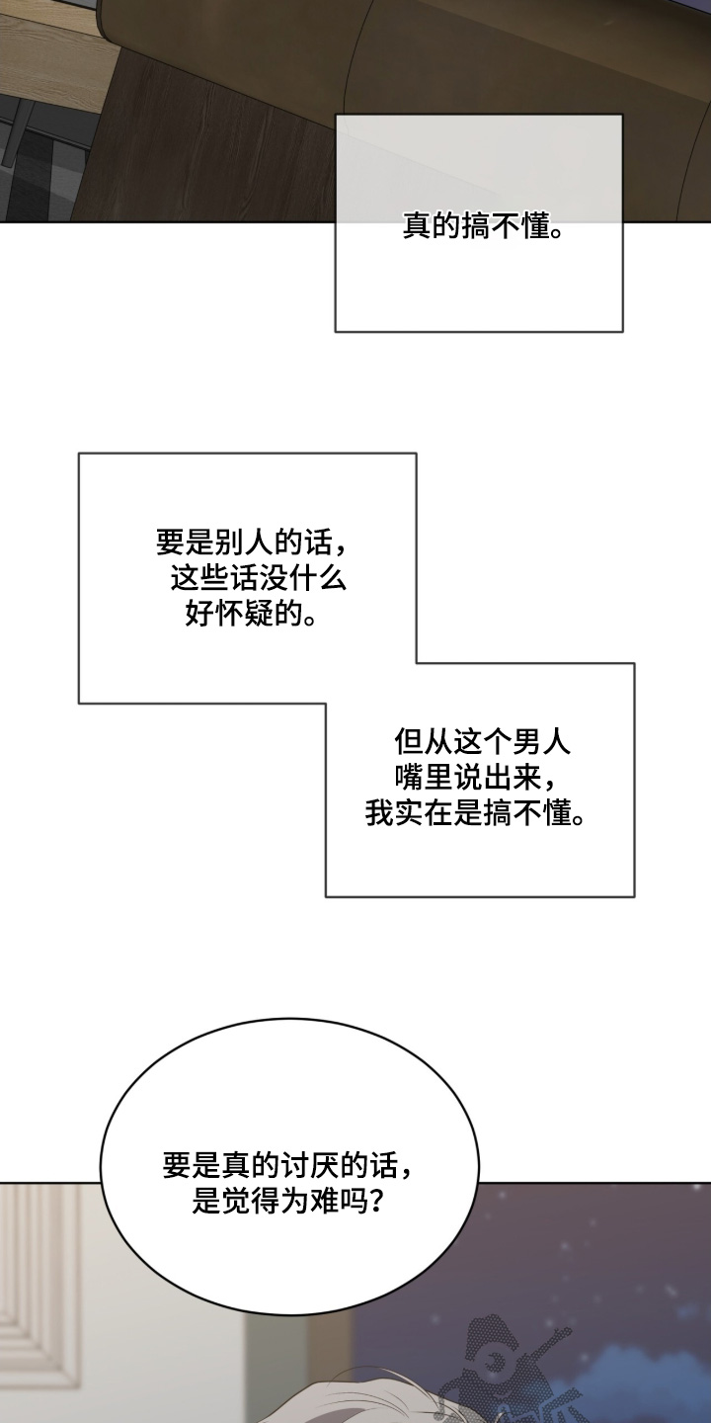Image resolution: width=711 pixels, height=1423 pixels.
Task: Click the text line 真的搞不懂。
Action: [484, 226]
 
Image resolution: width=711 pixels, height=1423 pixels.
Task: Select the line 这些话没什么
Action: [259, 579]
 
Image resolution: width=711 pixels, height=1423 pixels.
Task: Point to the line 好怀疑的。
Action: [252, 614]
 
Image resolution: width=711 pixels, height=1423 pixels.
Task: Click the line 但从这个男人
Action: [483, 741]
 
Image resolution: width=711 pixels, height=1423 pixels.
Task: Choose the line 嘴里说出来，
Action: [476, 776]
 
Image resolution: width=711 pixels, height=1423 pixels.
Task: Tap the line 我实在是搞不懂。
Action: [476, 812]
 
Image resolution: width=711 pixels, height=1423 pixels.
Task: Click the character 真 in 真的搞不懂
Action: [418, 226]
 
